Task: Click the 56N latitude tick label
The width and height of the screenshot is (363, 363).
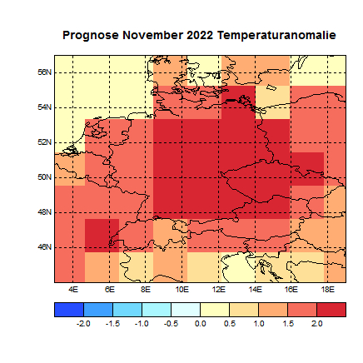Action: (x=46, y=72)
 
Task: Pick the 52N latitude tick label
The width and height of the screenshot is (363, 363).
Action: (x=46, y=142)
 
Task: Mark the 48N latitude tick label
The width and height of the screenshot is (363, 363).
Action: (x=46, y=211)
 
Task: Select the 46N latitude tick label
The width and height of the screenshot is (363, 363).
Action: (x=46, y=246)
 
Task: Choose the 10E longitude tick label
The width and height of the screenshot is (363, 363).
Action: (x=181, y=289)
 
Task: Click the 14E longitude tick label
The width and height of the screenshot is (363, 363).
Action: (x=255, y=289)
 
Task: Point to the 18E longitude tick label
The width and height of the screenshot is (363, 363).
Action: (x=328, y=289)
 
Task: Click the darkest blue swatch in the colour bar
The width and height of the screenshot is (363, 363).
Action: (x=68, y=309)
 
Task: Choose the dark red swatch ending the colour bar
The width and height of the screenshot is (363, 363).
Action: (x=331, y=309)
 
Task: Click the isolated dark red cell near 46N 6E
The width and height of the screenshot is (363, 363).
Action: (x=102, y=234)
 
